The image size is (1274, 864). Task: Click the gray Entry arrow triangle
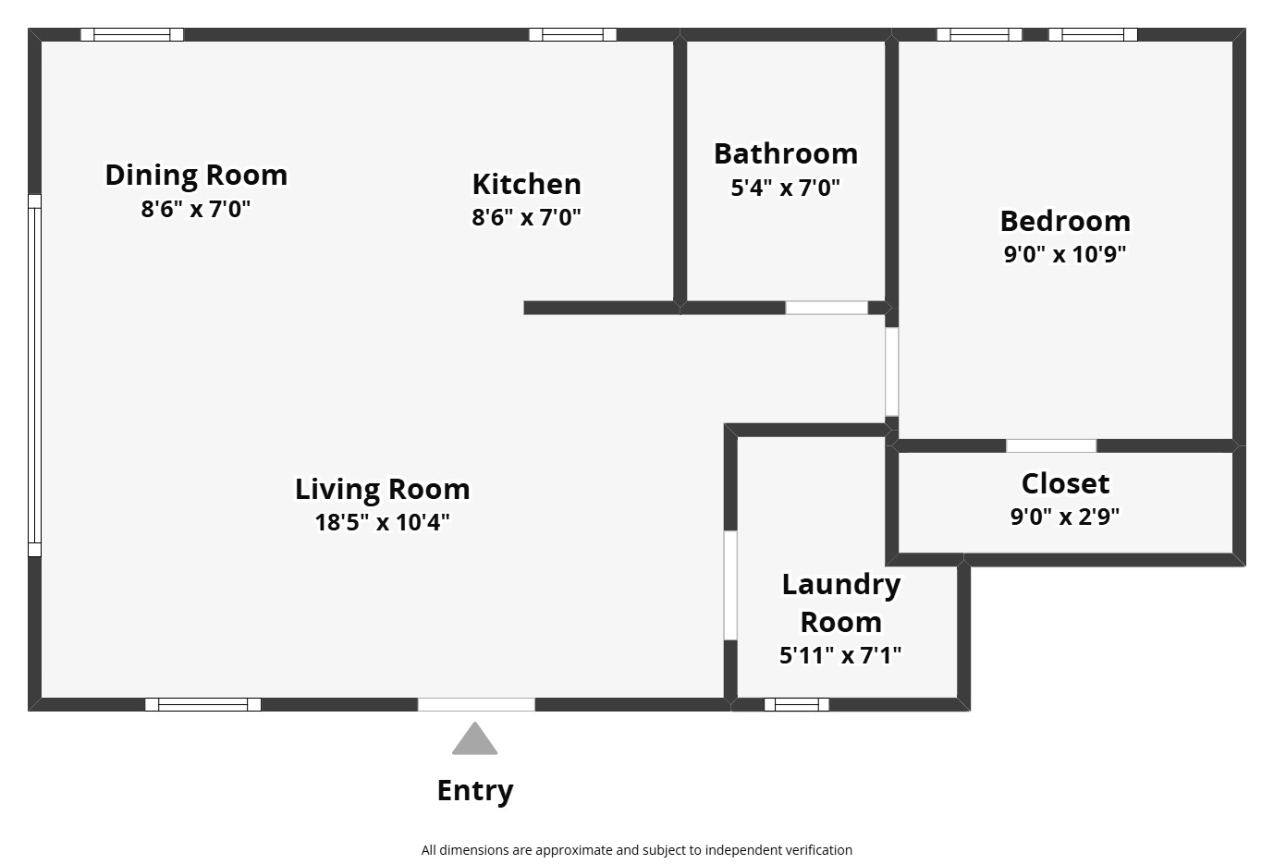(474, 740)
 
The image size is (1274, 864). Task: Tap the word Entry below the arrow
(474, 791)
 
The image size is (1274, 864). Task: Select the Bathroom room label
(785, 153)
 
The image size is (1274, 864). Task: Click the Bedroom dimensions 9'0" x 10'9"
(1065, 254)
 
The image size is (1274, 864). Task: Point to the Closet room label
(1065, 483)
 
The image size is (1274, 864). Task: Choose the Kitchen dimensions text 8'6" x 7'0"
(526, 217)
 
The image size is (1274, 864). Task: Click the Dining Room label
(196, 175)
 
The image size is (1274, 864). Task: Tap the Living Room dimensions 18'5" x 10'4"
(382, 522)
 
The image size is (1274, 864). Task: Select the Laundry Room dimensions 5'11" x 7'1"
(840, 655)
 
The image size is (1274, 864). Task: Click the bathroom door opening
(827, 308)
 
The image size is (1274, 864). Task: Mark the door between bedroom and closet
(1051, 445)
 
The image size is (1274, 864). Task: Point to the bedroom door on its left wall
(891, 371)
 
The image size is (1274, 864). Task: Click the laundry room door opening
(730, 585)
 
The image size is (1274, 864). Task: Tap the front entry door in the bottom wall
(476, 704)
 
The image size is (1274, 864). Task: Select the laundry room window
(797, 704)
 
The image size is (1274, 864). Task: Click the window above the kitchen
(572, 35)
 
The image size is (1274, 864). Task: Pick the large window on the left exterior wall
(34, 375)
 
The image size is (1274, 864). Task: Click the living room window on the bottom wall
(202, 704)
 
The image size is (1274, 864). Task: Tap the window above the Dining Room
(131, 35)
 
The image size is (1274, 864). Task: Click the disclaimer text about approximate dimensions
(636, 850)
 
